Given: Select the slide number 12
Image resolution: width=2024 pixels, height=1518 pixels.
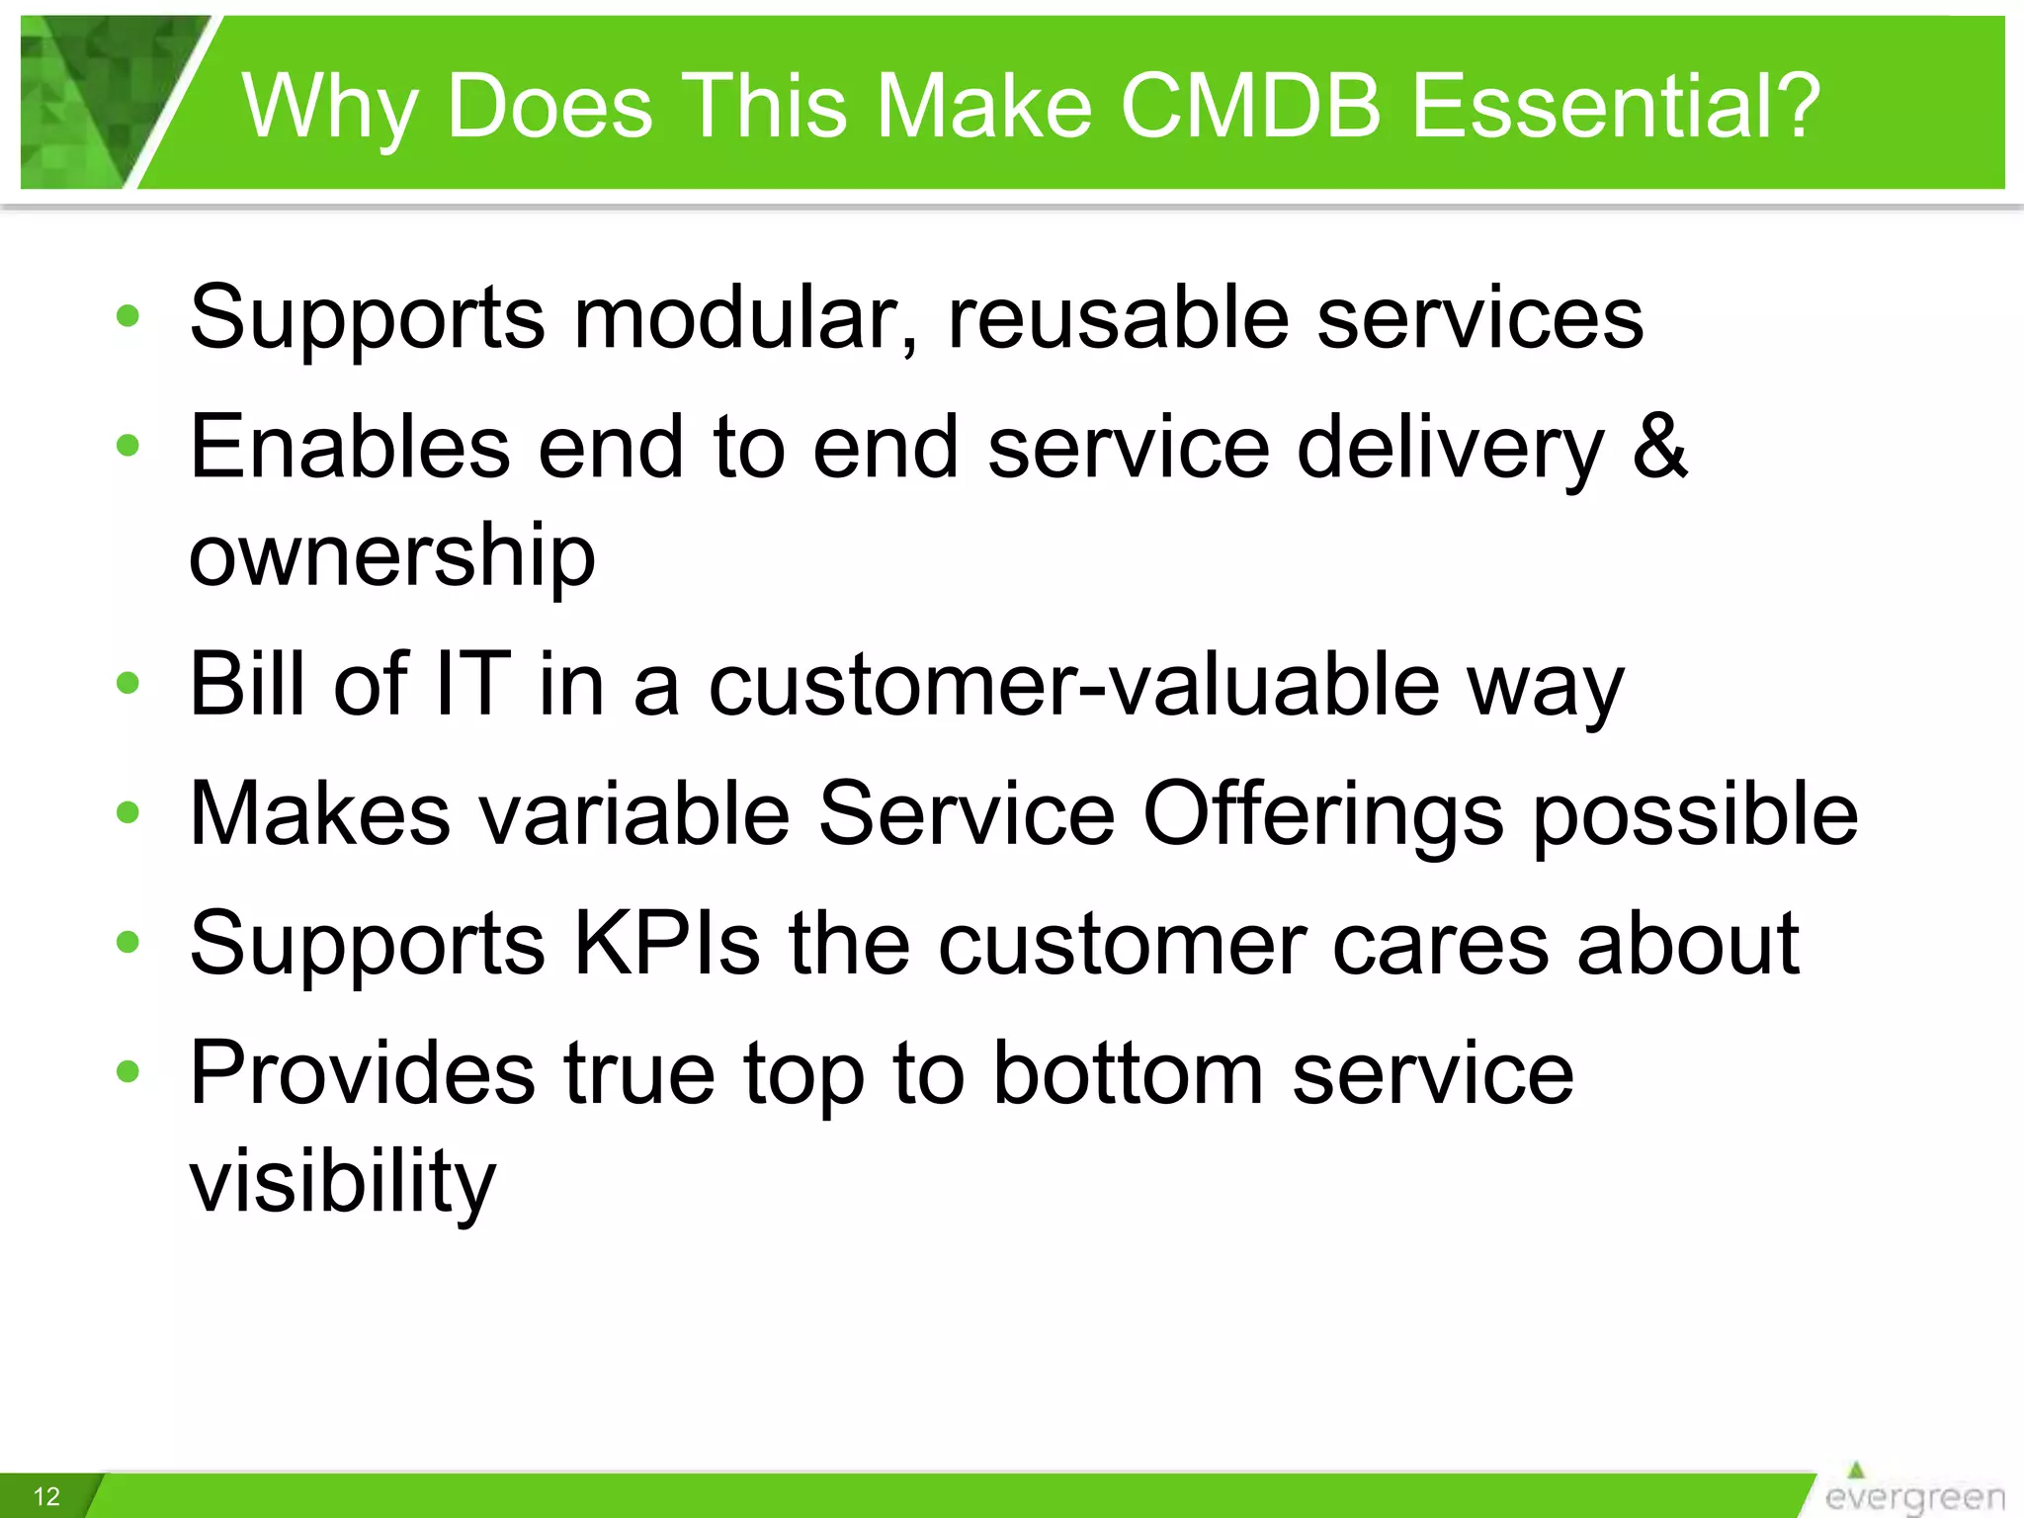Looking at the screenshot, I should [46, 1496].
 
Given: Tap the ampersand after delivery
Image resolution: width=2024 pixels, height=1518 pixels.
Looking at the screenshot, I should [1659, 447].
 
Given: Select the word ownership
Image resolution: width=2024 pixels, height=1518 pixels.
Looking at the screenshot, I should [392, 555].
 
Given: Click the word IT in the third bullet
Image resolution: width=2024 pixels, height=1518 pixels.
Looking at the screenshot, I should [472, 684].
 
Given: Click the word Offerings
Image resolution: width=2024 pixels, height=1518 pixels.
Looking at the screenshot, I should [1323, 814].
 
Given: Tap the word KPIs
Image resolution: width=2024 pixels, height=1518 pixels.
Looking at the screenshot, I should [667, 943].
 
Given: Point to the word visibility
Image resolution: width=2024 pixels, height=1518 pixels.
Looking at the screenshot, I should [342, 1181].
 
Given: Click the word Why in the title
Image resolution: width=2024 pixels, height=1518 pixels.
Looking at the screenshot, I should [330, 107].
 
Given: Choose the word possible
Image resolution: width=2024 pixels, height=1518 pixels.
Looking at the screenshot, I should [1695, 814].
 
